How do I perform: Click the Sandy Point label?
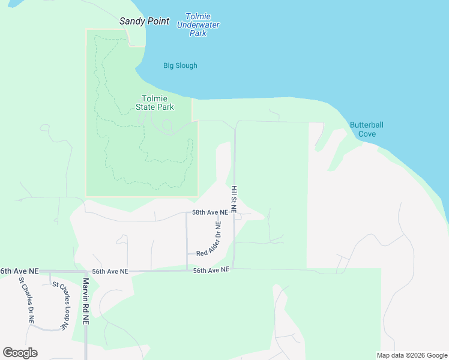(144, 21)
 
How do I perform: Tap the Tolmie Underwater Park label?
(198, 25)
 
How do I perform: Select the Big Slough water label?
(180, 65)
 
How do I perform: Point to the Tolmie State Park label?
(155, 103)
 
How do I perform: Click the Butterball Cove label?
(367, 130)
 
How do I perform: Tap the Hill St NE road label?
(234, 199)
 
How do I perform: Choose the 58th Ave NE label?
(210, 212)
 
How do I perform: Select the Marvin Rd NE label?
(86, 301)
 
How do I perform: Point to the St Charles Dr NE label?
(25, 299)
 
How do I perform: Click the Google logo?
(20, 353)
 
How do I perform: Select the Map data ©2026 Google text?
(412, 355)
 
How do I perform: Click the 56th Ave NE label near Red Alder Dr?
(211, 271)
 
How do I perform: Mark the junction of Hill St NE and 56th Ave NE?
(234, 269)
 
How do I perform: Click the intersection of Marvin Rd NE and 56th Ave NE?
(86, 272)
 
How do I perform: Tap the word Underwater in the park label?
(198, 25)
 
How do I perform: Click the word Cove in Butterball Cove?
(367, 134)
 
